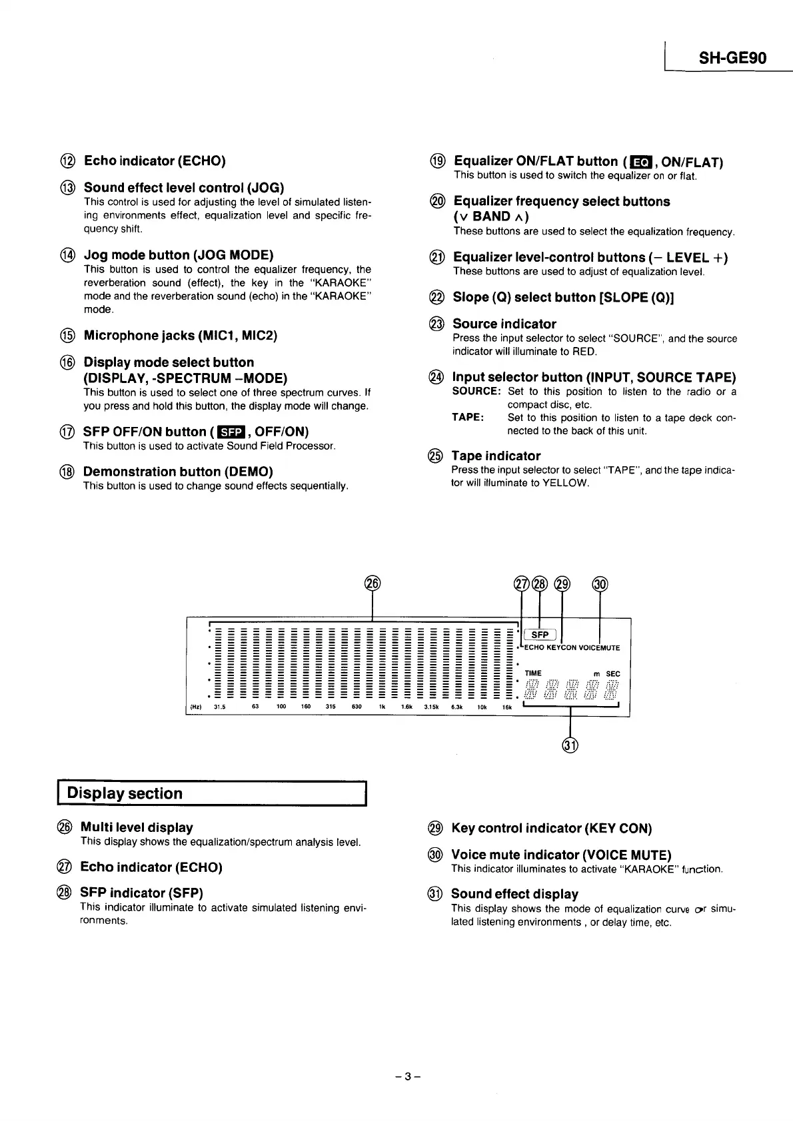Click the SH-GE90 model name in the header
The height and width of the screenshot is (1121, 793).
[732, 58]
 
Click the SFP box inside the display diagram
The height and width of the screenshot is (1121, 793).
[540, 635]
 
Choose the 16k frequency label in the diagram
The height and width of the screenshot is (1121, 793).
[506, 707]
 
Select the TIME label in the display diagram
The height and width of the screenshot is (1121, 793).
[533, 673]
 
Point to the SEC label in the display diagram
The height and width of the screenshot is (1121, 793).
[613, 674]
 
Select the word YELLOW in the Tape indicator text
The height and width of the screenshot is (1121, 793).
[566, 483]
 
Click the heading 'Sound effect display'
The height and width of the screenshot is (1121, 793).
[514, 894]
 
